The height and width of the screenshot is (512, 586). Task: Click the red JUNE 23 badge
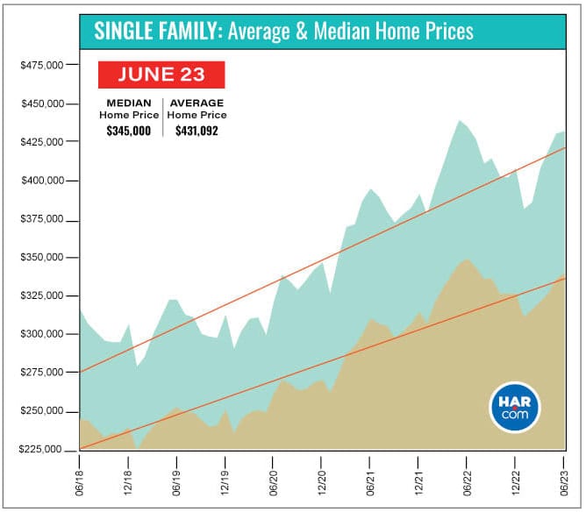[162, 75]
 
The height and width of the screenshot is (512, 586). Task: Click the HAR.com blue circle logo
[515, 407]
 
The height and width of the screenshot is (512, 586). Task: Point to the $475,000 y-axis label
[40, 66]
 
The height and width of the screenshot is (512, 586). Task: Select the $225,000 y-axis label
[40, 450]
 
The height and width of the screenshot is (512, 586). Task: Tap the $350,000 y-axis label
[40, 258]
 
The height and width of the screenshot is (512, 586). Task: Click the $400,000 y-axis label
[40, 181]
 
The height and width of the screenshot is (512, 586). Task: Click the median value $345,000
[128, 131]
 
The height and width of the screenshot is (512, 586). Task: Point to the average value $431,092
[197, 131]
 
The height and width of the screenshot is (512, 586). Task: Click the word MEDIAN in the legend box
[127, 103]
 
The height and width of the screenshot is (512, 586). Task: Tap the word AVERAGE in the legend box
[197, 103]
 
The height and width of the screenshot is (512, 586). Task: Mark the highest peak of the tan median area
[468, 260]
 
